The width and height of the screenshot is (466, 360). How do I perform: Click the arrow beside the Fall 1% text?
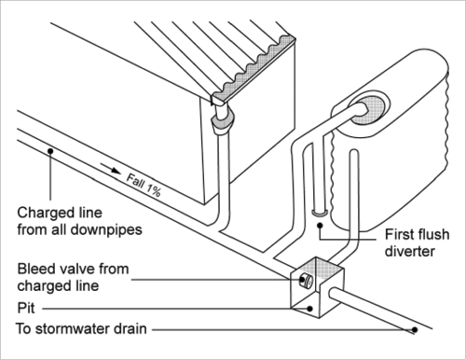click(111, 171)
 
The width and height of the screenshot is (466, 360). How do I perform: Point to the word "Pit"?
click(25, 305)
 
